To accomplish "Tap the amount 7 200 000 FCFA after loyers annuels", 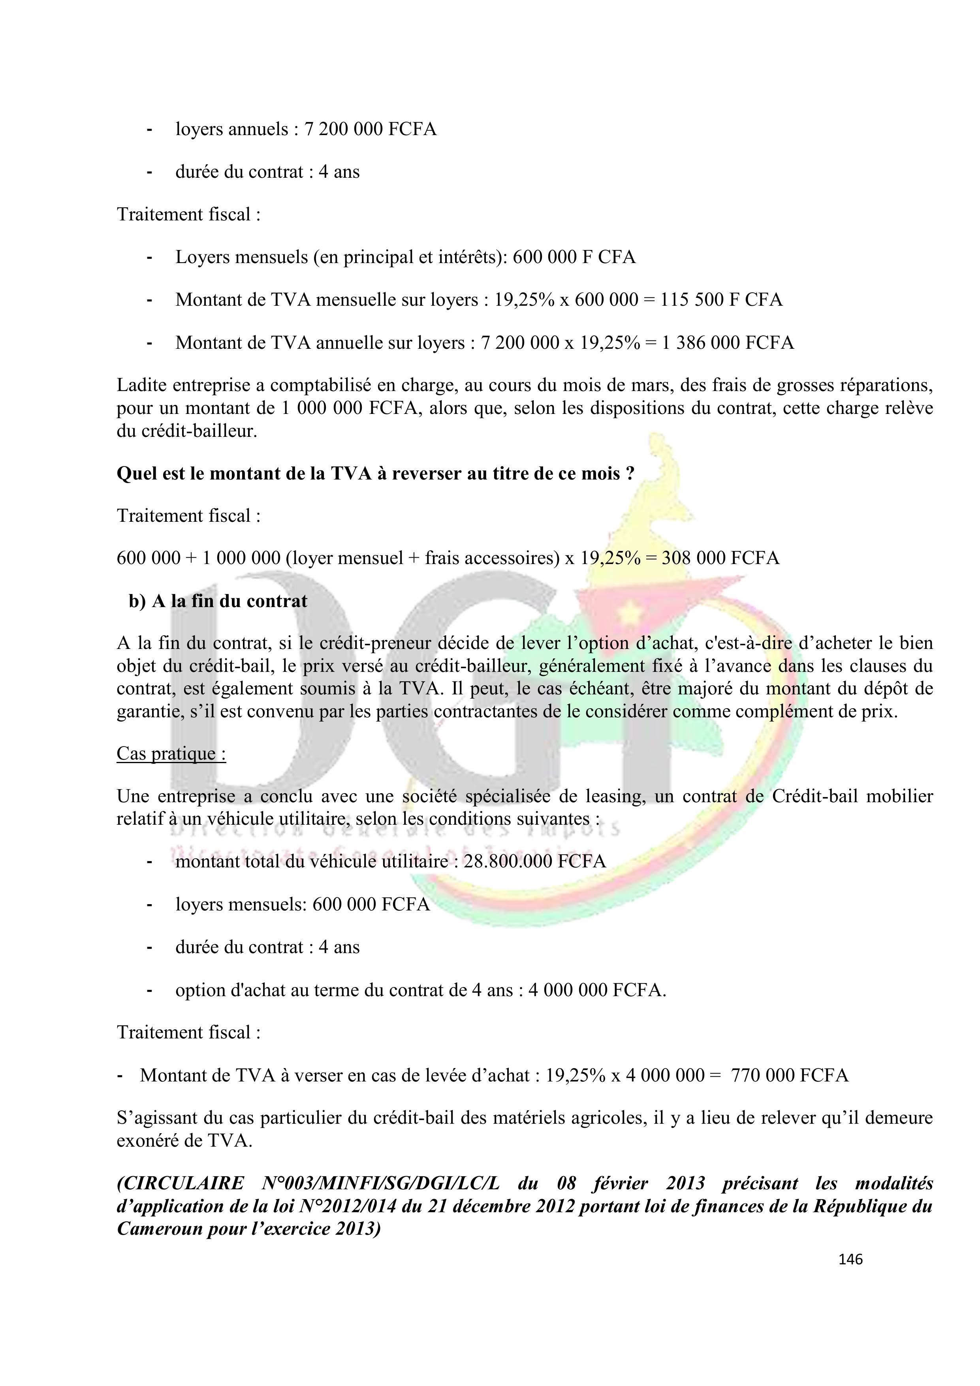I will point(370,129).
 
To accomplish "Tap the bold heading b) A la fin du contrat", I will point(218,601).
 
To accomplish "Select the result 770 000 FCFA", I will point(789,1075).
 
